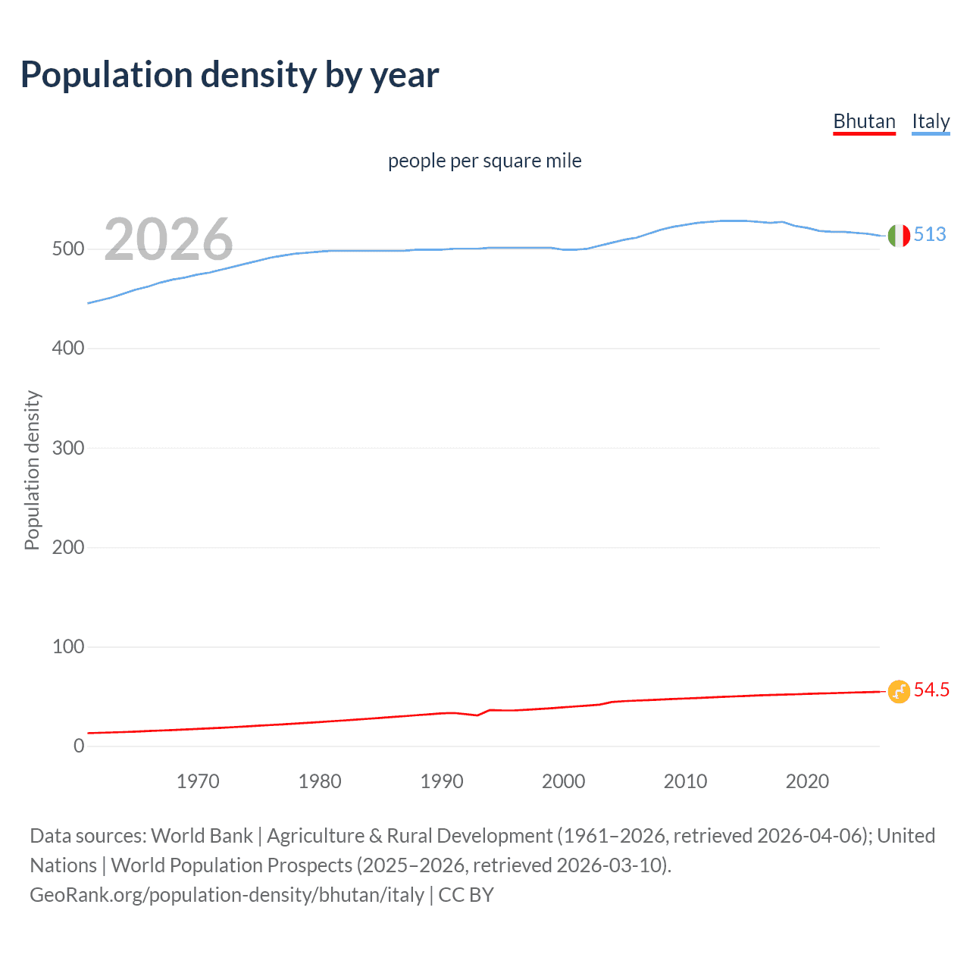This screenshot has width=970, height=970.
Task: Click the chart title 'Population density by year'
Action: pyautogui.click(x=230, y=74)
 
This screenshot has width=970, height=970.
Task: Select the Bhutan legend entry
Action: pyautogui.click(x=864, y=121)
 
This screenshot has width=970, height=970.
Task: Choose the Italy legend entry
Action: pyautogui.click(x=930, y=121)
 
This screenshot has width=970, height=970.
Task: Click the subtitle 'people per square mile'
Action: pyautogui.click(x=484, y=161)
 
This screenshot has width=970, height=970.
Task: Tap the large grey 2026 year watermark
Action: pyautogui.click(x=168, y=239)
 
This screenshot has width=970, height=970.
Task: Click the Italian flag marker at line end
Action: pyautogui.click(x=899, y=236)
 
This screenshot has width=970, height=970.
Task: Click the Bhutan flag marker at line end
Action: pyautogui.click(x=899, y=691)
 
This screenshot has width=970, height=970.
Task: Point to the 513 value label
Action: pyautogui.click(x=930, y=234)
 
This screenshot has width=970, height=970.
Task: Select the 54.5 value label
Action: pyautogui.click(x=931, y=690)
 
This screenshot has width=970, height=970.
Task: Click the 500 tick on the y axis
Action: pyautogui.click(x=67, y=249)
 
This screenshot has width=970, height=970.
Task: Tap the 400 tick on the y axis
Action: pyautogui.click(x=67, y=349)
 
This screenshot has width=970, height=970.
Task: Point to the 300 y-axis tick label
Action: pyautogui.click(x=67, y=448)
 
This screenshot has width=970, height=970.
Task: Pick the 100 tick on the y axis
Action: pyautogui.click(x=67, y=646)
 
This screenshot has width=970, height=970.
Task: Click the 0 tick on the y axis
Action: pyautogui.click(x=79, y=746)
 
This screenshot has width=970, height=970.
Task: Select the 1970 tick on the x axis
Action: pyautogui.click(x=198, y=781)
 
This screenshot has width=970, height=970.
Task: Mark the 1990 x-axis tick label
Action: pyautogui.click(x=442, y=781)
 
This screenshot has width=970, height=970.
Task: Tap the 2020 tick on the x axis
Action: pyautogui.click(x=807, y=781)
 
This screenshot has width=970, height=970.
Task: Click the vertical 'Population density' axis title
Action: pyautogui.click(x=32, y=470)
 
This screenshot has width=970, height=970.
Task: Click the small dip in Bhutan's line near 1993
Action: pyautogui.click(x=477, y=715)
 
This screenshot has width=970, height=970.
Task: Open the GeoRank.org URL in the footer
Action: pyautogui.click(x=227, y=895)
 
